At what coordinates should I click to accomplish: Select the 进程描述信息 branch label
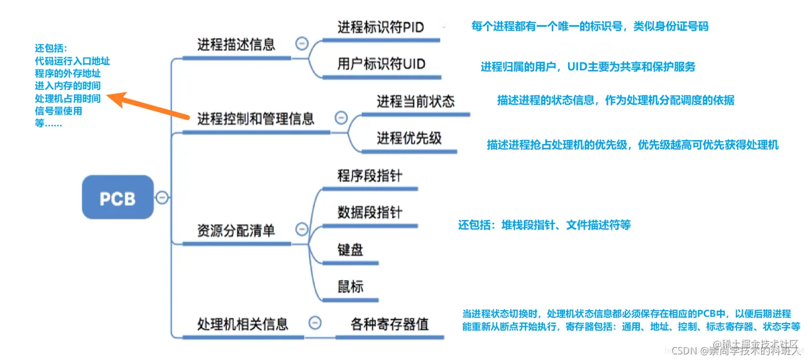pyautogui.click(x=236, y=44)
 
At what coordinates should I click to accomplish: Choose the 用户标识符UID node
pyautogui.click(x=381, y=65)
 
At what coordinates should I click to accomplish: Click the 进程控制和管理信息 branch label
pyautogui.click(x=256, y=119)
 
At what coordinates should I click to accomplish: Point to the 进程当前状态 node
pyautogui.click(x=415, y=102)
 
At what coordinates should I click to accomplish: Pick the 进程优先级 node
pyautogui.click(x=409, y=138)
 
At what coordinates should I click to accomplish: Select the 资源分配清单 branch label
pyautogui.click(x=236, y=231)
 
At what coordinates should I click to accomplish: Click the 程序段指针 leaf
pyautogui.click(x=370, y=176)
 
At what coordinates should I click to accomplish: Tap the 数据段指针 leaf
pyautogui.click(x=370, y=212)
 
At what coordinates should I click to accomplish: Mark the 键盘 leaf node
pyautogui.click(x=350, y=249)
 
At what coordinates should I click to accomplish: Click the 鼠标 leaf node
pyautogui.click(x=350, y=287)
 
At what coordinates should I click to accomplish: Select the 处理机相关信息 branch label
pyautogui.click(x=243, y=324)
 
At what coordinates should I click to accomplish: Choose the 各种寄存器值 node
pyautogui.click(x=390, y=324)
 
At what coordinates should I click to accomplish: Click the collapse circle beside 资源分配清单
pyautogui.click(x=302, y=229)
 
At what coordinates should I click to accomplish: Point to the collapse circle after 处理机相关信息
pyautogui.click(x=316, y=323)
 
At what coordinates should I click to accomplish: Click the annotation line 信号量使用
pyautogui.click(x=58, y=111)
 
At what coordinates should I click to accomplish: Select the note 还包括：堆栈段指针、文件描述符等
pyautogui.click(x=544, y=225)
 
